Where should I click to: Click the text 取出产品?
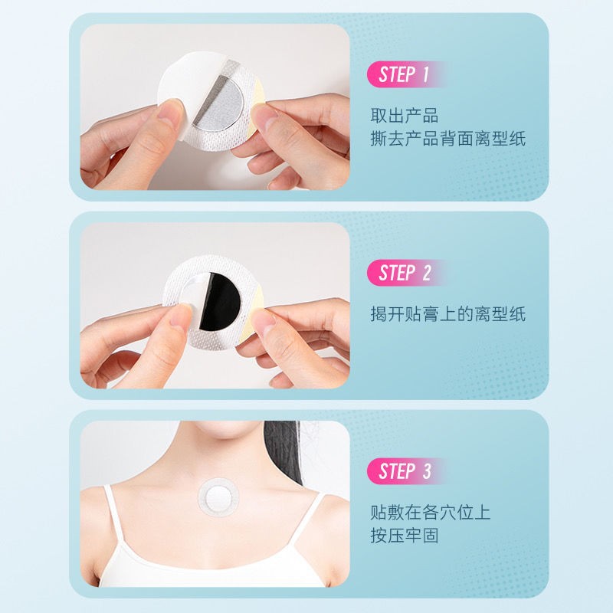[x=405, y=116]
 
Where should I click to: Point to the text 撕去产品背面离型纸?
[x=448, y=139]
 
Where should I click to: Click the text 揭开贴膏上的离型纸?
[x=448, y=314]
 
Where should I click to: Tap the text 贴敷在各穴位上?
[x=430, y=512]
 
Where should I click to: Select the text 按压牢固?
[x=405, y=536]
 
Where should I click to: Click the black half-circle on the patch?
[x=221, y=302]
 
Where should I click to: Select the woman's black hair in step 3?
[x=282, y=450]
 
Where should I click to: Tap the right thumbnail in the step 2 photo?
[x=263, y=318]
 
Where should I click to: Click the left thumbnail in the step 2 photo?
[x=181, y=320]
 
